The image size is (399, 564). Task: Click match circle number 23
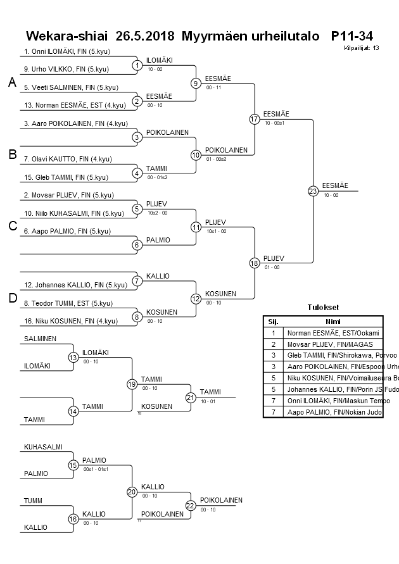[312, 191]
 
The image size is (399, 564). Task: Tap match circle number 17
[254, 119]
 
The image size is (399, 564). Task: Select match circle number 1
[137, 65]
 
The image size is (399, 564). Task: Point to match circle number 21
[191, 397]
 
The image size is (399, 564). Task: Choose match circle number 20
[132, 491]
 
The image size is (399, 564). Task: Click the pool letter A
[12, 82]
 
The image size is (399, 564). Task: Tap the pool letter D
[12, 299]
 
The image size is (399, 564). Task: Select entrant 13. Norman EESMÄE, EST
[69, 105]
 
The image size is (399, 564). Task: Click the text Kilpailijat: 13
[362, 47]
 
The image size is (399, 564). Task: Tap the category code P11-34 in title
[356, 35]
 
